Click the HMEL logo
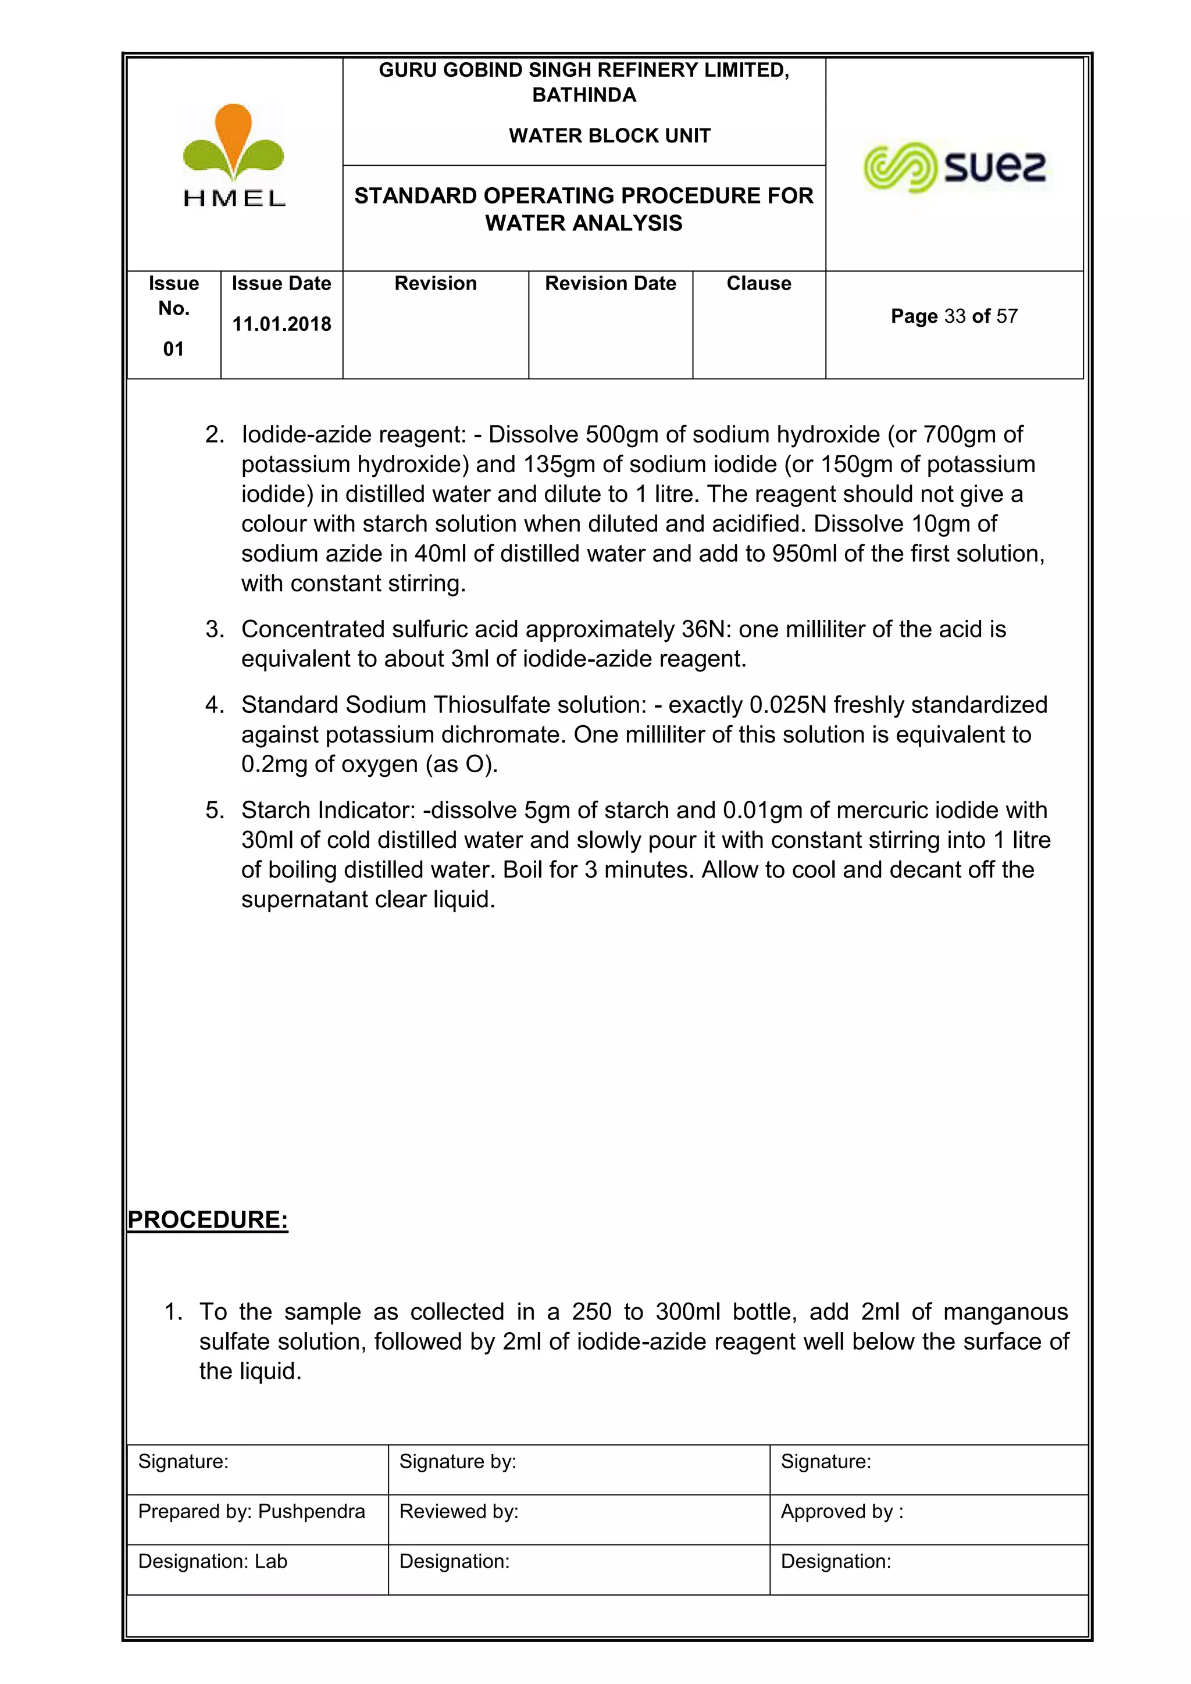[233, 155]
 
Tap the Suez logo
[954, 167]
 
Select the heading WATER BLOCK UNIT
[609, 135]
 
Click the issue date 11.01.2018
[281, 324]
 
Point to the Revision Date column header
[610, 284]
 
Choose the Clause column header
[758, 284]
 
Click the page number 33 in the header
[954, 316]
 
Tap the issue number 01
[173, 349]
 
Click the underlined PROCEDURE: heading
[208, 1220]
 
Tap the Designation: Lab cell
[213, 1561]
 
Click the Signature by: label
[458, 1461]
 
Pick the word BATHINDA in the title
[584, 95]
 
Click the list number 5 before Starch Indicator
[213, 811]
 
